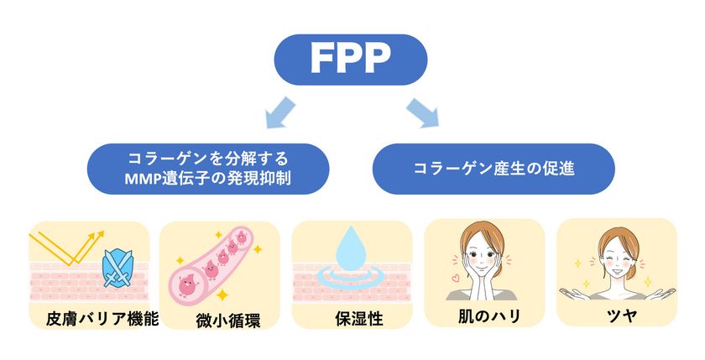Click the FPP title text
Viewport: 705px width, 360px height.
pos(351,59)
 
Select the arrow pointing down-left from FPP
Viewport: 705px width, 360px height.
pos(280,112)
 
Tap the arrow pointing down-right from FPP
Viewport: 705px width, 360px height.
pos(421,112)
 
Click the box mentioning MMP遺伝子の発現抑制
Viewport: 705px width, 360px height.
pos(208,169)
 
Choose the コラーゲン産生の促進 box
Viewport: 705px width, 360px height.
pos(493,169)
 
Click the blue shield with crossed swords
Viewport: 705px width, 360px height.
pos(117,269)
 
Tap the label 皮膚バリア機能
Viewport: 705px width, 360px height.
pos(102,319)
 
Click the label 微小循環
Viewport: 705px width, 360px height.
pos(228,321)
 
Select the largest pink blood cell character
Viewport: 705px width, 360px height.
pos(188,285)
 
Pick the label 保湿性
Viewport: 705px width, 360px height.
pos(359,319)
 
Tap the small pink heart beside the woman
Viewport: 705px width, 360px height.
pos(456,279)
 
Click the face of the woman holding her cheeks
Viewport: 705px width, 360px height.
pos(482,257)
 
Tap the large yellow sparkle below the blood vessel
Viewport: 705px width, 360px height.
pos(222,295)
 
